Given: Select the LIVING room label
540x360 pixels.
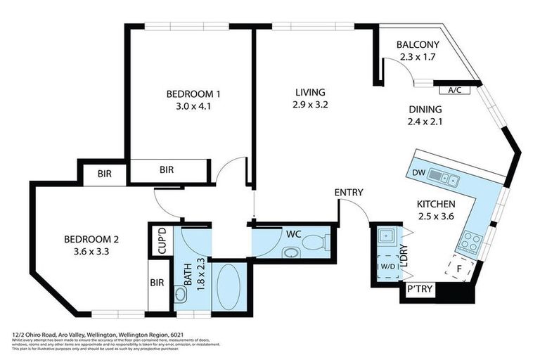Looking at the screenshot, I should [310, 92].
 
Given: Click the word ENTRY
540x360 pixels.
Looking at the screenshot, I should [348, 193].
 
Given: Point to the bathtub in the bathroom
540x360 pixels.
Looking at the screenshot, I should [229, 287].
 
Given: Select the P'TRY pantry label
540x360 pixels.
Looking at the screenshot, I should [418, 289].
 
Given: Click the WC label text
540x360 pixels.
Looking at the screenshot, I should [293, 232].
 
